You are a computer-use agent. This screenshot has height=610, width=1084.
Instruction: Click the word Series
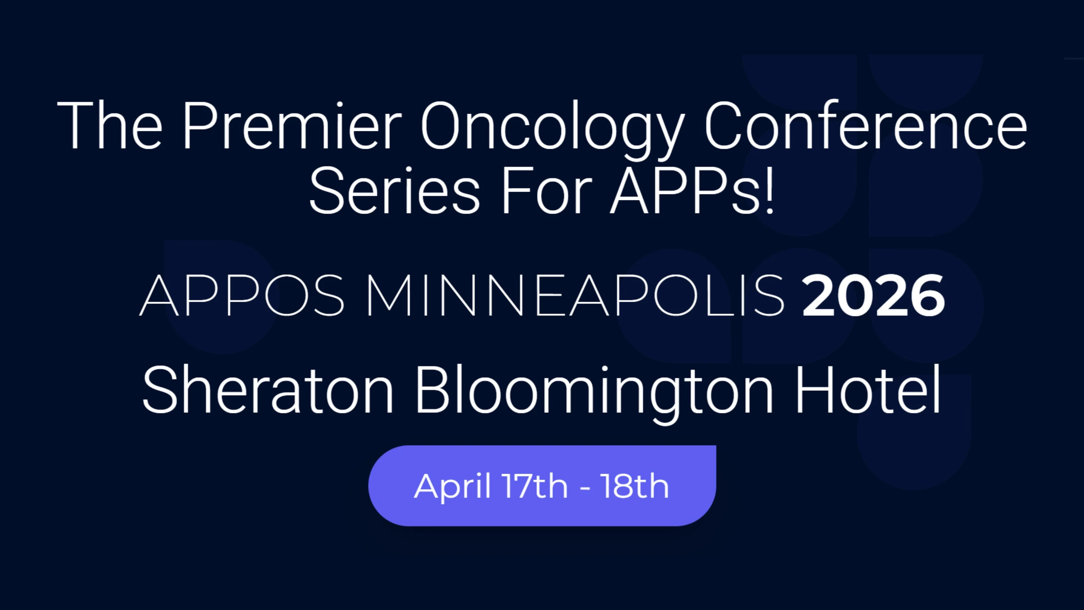tap(394, 192)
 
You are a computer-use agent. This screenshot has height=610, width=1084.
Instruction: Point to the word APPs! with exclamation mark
tap(692, 192)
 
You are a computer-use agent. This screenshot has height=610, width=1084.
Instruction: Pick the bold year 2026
tap(873, 295)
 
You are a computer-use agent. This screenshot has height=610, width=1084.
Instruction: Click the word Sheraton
tap(268, 391)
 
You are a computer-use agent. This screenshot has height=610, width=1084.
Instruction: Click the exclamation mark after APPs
tap(769, 192)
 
